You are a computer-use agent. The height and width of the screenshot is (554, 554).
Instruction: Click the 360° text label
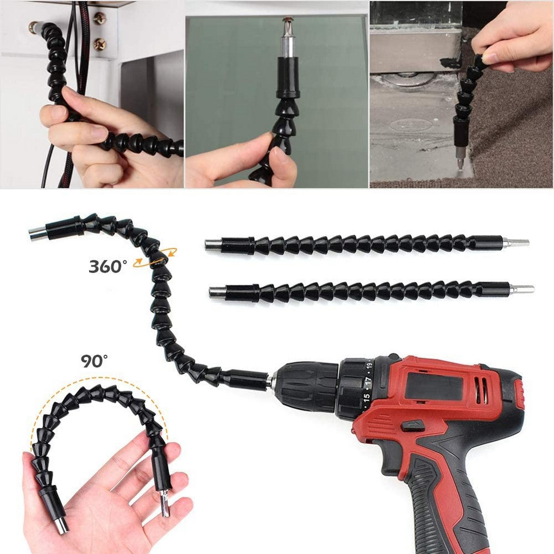click(x=107, y=266)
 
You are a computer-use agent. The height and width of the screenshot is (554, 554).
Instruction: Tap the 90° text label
click(x=95, y=361)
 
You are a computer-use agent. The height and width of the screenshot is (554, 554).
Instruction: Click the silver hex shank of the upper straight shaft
click(x=515, y=243)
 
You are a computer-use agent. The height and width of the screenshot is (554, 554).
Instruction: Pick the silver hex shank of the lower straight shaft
click(x=521, y=289)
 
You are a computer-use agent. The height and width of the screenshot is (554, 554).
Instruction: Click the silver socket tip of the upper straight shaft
click(x=213, y=244)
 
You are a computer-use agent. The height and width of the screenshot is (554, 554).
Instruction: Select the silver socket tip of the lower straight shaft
click(x=217, y=292)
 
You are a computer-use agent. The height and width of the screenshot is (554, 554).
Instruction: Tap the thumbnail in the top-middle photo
click(x=281, y=158)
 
